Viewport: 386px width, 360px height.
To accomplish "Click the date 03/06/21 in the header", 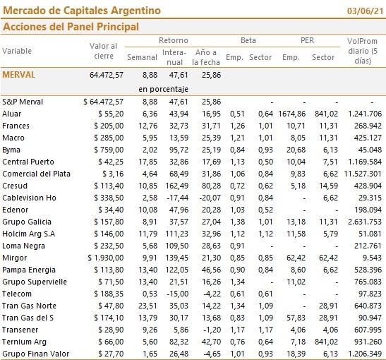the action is pyautogui.click(x=366, y=11).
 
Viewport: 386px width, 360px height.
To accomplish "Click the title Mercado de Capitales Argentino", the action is pyautogui.click(x=82, y=11).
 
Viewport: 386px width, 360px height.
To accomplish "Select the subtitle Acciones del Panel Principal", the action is pyautogui.click(x=71, y=27).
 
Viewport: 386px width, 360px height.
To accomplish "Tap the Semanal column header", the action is pyautogui.click(x=142, y=57).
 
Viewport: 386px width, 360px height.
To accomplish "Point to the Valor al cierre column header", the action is pyautogui.click(x=104, y=51).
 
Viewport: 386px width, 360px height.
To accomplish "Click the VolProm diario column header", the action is pyautogui.click(x=363, y=51).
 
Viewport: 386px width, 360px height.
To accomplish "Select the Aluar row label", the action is pyautogui.click(x=11, y=114).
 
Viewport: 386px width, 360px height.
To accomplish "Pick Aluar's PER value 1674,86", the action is pyautogui.click(x=292, y=114).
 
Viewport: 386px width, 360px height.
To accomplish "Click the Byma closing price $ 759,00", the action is pyautogui.click(x=109, y=150).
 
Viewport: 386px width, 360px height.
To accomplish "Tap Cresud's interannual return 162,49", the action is pyautogui.click(x=176, y=186).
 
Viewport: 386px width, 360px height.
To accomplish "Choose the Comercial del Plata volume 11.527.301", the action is pyautogui.click(x=363, y=174).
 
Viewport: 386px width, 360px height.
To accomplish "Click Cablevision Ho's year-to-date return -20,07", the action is pyautogui.click(x=210, y=198).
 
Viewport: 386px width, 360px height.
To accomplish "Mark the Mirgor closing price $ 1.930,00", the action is pyautogui.click(x=106, y=258).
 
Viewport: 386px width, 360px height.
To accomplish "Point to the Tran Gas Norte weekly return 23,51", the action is pyautogui.click(x=147, y=306).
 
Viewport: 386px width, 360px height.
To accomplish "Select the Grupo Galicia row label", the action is pyautogui.click(x=27, y=222).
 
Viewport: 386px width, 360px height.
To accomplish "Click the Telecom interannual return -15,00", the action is pyautogui.click(x=178, y=294).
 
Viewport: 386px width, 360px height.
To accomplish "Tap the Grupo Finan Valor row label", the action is pyautogui.click(x=36, y=354).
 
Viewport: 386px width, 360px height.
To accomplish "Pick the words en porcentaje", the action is pyautogui.click(x=163, y=89).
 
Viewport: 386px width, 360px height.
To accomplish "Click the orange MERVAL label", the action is pyautogui.click(x=19, y=75).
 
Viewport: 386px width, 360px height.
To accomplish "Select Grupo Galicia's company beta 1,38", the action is pyautogui.click(x=237, y=222).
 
